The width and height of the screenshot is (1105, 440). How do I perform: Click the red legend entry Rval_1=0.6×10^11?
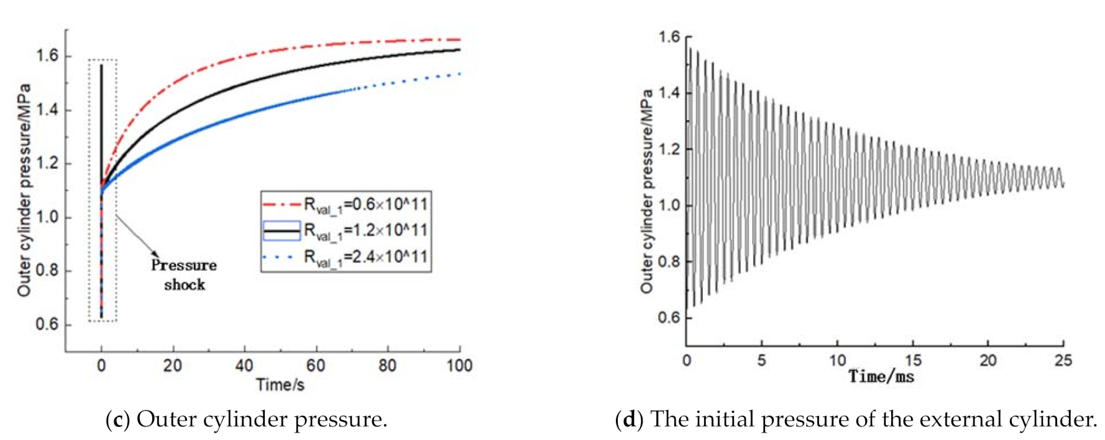(346, 204)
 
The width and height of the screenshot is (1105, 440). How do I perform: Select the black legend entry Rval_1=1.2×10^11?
(346, 230)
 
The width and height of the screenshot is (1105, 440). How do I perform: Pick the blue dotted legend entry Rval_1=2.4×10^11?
(346, 256)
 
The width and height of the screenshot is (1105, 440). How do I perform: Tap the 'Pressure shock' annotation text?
(184, 274)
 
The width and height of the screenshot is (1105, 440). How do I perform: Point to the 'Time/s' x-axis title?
(280, 385)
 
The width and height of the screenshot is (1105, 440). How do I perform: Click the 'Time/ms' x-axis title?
(881, 376)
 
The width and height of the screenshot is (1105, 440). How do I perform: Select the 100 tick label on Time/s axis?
(459, 365)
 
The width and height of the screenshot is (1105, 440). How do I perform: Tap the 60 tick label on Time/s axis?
(316, 365)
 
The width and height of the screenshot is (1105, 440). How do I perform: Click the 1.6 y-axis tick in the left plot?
(47, 56)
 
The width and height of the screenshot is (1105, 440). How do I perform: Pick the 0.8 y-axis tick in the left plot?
(47, 271)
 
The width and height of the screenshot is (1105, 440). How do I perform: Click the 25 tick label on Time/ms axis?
(1063, 360)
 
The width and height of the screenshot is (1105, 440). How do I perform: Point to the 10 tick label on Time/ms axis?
(837, 360)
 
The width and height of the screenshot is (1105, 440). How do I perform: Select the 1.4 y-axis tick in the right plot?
(669, 93)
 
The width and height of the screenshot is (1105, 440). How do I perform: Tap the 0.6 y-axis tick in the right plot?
(669, 318)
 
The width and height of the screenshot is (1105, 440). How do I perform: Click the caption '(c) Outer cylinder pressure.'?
(247, 419)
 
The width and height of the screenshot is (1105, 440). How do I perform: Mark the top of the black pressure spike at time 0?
(101, 65)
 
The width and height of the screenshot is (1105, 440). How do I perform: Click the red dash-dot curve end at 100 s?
(459, 39)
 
